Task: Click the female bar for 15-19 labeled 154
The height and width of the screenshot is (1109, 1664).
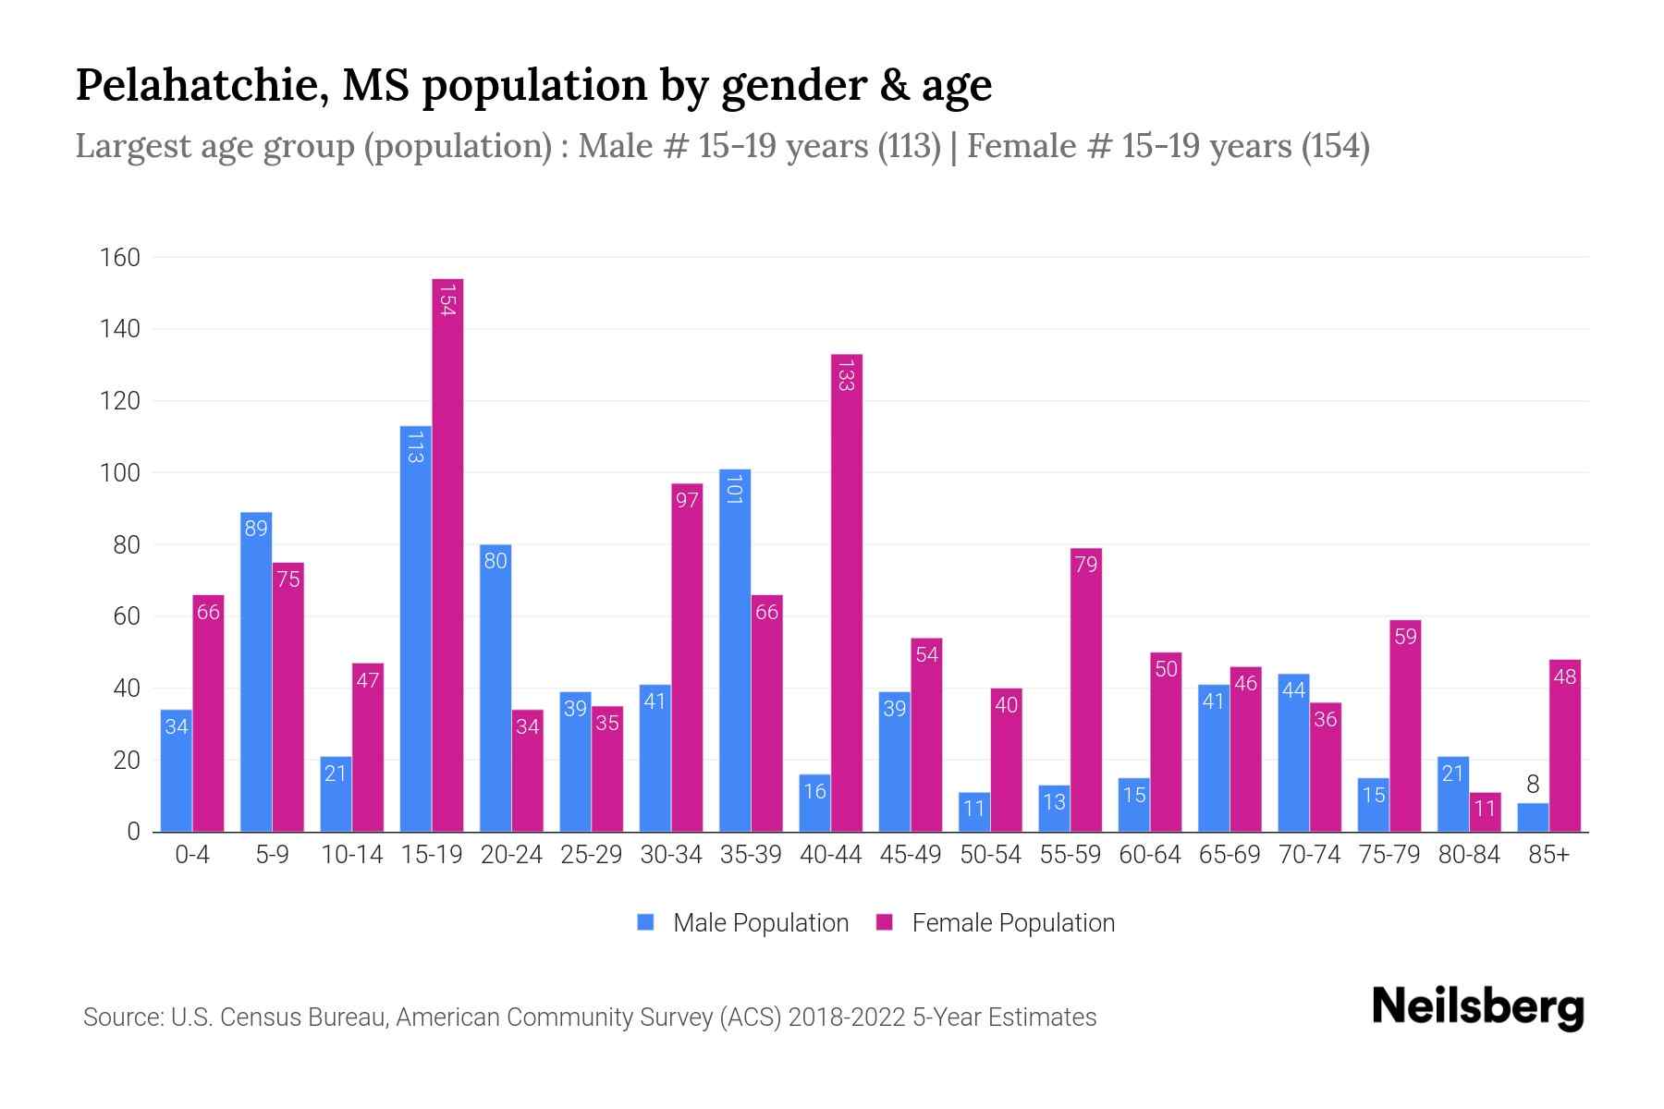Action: pyautogui.click(x=447, y=554)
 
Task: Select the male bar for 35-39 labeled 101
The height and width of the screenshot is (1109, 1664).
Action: pyautogui.click(x=735, y=651)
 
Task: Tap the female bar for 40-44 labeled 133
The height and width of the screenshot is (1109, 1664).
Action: pyautogui.click(x=847, y=592)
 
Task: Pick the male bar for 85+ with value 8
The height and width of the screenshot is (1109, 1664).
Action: pyautogui.click(x=1533, y=818)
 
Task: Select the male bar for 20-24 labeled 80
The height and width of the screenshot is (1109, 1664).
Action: pyautogui.click(x=496, y=689)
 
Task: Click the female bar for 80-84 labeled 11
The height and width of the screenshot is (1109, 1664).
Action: pyautogui.click(x=1485, y=812)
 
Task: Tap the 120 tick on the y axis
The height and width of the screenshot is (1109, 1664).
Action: pyautogui.click(x=120, y=401)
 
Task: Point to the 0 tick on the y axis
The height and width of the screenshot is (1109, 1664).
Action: pyautogui.click(x=133, y=832)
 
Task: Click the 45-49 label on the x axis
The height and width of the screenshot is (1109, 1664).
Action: pyautogui.click(x=910, y=855)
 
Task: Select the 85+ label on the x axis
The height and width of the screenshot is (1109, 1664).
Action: pyautogui.click(x=1548, y=855)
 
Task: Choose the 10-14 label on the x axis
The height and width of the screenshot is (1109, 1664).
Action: pyautogui.click(x=351, y=855)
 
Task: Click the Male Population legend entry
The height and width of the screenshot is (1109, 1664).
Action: pyautogui.click(x=760, y=922)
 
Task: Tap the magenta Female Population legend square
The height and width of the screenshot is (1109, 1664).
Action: pyautogui.click(x=885, y=922)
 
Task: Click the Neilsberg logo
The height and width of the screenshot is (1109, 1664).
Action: pyautogui.click(x=1477, y=1007)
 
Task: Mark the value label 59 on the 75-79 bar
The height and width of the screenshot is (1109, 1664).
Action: pyautogui.click(x=1405, y=637)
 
